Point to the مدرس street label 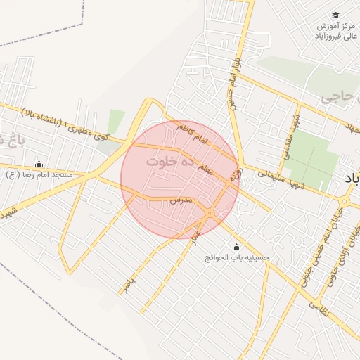181,200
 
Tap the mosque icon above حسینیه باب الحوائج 236,247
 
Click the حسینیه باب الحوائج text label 236,258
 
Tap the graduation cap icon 335,15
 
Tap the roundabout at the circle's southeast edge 210,213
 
